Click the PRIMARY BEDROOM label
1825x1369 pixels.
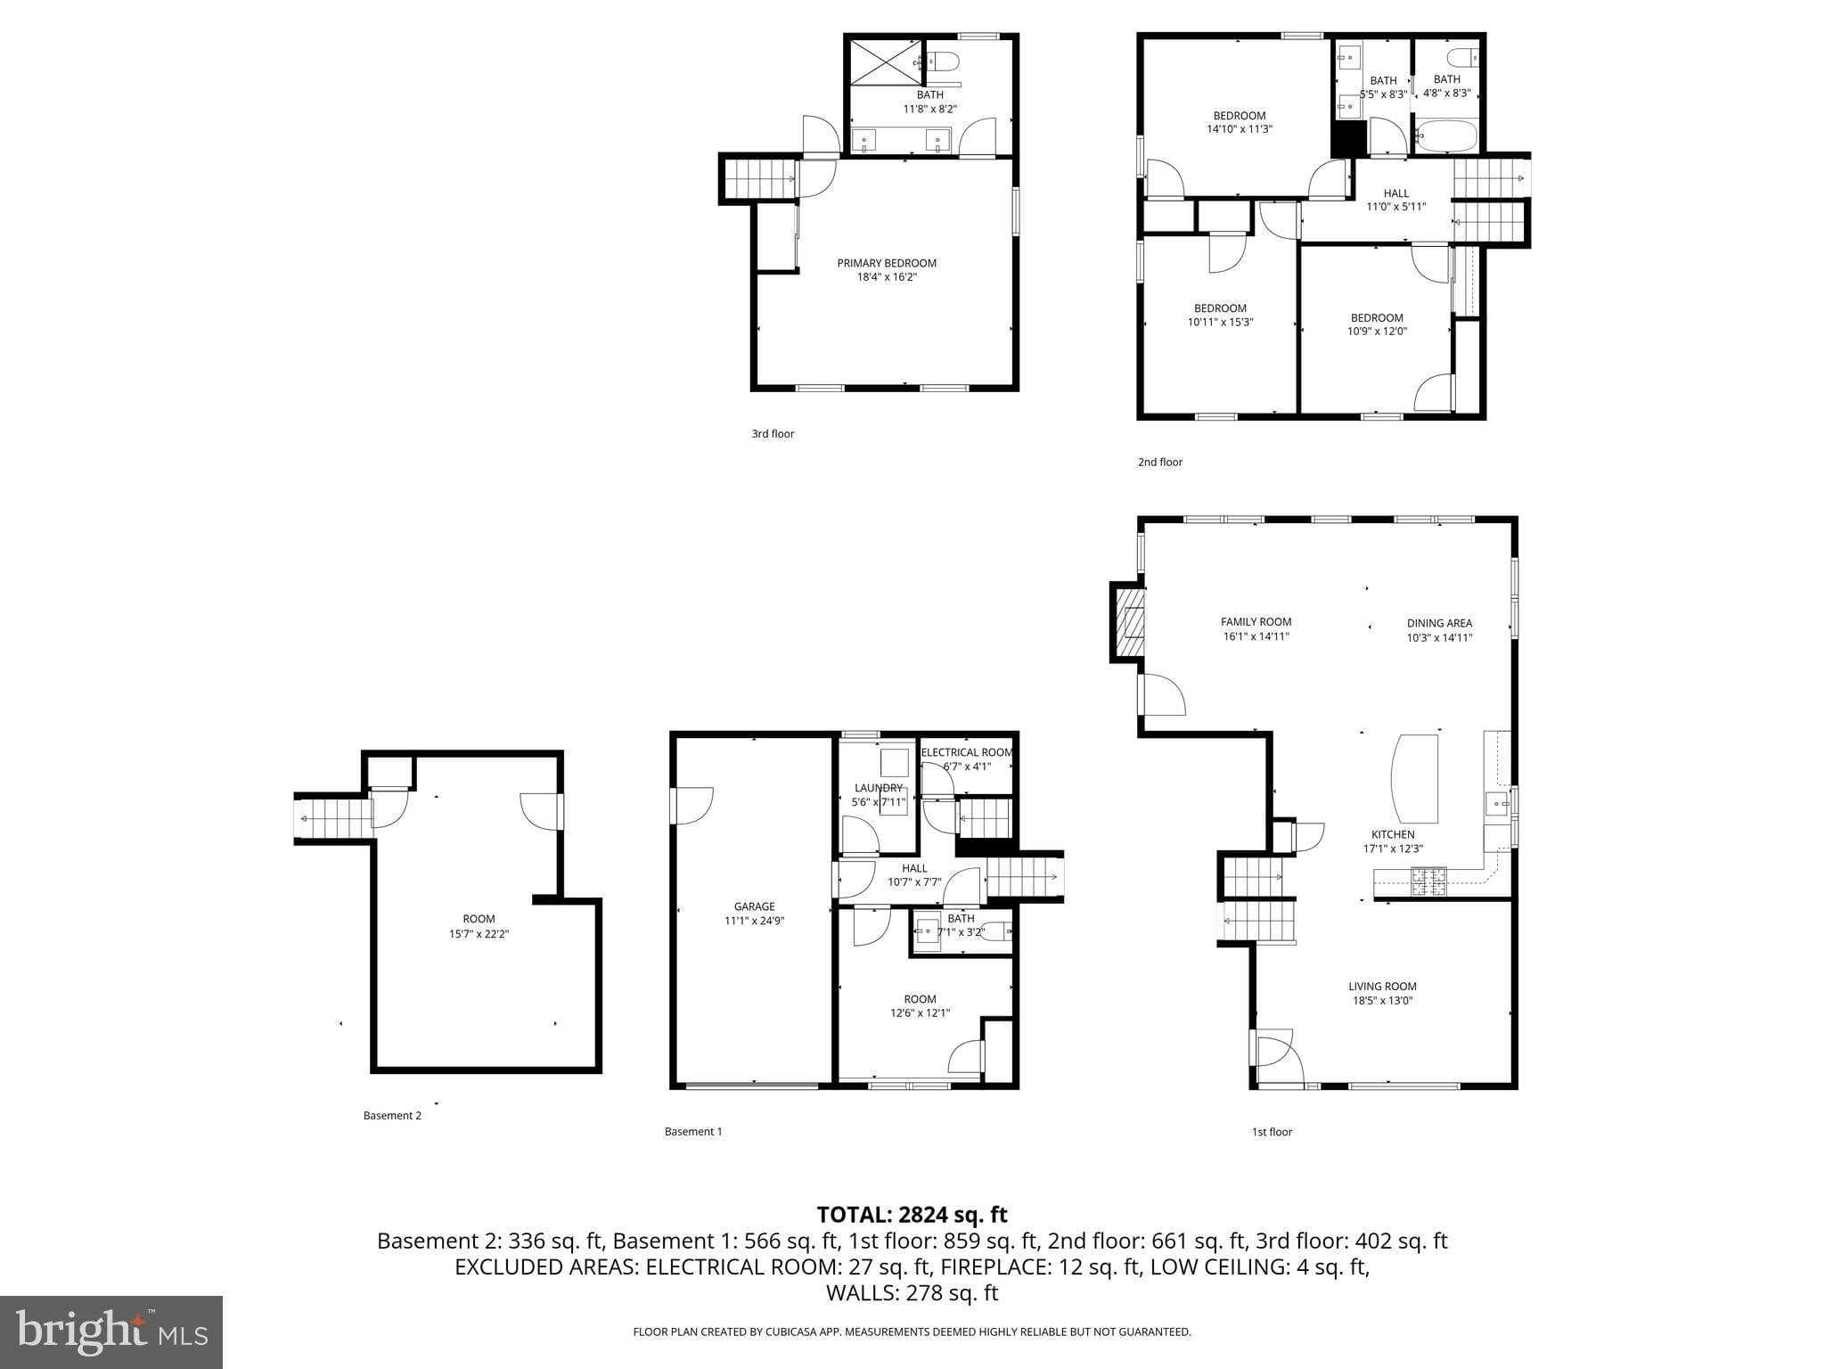(x=886, y=263)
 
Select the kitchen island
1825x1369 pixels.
(x=1415, y=778)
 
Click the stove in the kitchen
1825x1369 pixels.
(x=1428, y=881)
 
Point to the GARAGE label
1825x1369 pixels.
(x=754, y=906)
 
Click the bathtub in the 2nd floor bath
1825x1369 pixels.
(x=1445, y=137)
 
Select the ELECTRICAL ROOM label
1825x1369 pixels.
(x=967, y=752)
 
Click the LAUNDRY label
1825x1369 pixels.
(x=878, y=788)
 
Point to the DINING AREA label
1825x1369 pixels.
(x=1439, y=623)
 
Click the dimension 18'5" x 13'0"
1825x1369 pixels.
(x=1382, y=1000)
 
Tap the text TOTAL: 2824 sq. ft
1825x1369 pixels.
(x=912, y=1214)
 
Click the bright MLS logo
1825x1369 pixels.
(x=110, y=1332)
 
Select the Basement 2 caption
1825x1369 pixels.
(x=392, y=1115)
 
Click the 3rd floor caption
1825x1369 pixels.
(x=772, y=434)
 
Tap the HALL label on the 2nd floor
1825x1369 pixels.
(x=1395, y=193)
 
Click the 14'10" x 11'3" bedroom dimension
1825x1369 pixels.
(x=1239, y=128)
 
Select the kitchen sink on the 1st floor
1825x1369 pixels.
(x=1496, y=804)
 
